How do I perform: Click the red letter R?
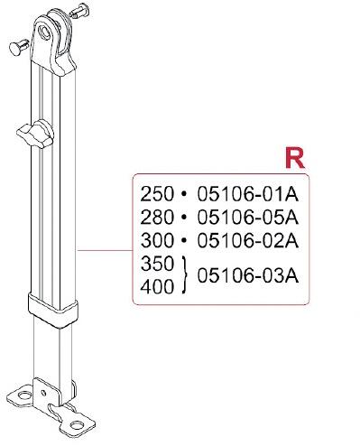pyautogui.click(x=295, y=158)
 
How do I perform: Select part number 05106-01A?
pyautogui.click(x=248, y=194)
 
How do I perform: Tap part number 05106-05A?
pyautogui.click(x=248, y=218)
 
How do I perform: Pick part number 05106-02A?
pyautogui.click(x=248, y=241)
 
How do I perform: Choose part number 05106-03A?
pyautogui.click(x=248, y=275)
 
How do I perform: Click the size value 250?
pyautogui.click(x=157, y=194)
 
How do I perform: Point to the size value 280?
pyautogui.click(x=157, y=218)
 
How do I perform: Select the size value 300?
pyautogui.click(x=157, y=241)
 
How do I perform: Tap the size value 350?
pyautogui.click(x=157, y=264)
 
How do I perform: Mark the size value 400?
pyautogui.click(x=157, y=286)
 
